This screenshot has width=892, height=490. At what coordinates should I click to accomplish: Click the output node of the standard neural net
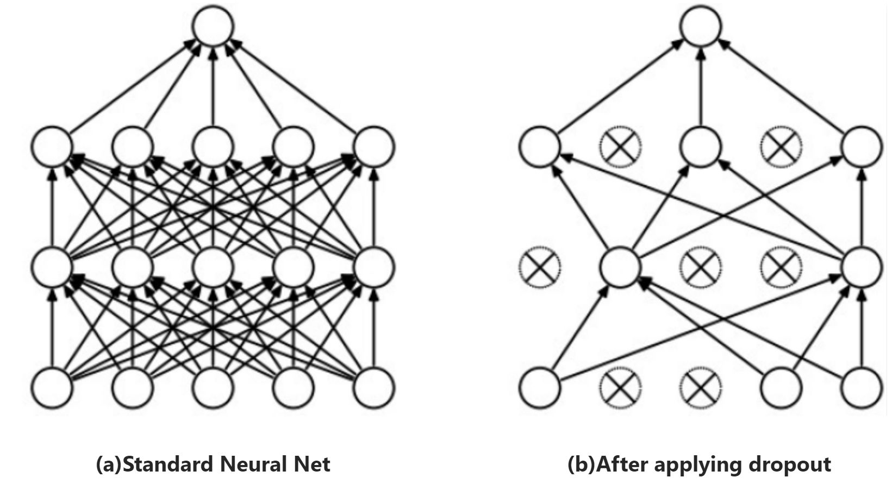coord(213,26)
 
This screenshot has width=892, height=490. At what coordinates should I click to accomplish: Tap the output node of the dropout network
coord(701,26)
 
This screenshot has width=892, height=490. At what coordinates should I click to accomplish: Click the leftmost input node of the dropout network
coord(540,387)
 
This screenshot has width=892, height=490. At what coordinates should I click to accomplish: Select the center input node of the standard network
coord(213,387)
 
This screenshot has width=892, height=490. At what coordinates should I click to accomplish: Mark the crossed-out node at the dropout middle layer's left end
coord(540,267)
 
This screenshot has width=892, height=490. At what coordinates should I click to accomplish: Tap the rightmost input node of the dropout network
coord(862,387)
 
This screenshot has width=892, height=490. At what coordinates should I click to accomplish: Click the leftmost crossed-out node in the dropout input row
coord(620,387)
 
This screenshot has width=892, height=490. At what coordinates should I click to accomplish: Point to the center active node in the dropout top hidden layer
coord(701,146)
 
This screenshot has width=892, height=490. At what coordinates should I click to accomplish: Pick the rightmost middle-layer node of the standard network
coord(374,267)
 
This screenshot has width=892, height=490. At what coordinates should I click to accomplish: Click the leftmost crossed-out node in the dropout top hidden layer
coord(620,146)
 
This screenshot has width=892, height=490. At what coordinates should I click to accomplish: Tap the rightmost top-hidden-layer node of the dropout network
coord(862,146)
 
